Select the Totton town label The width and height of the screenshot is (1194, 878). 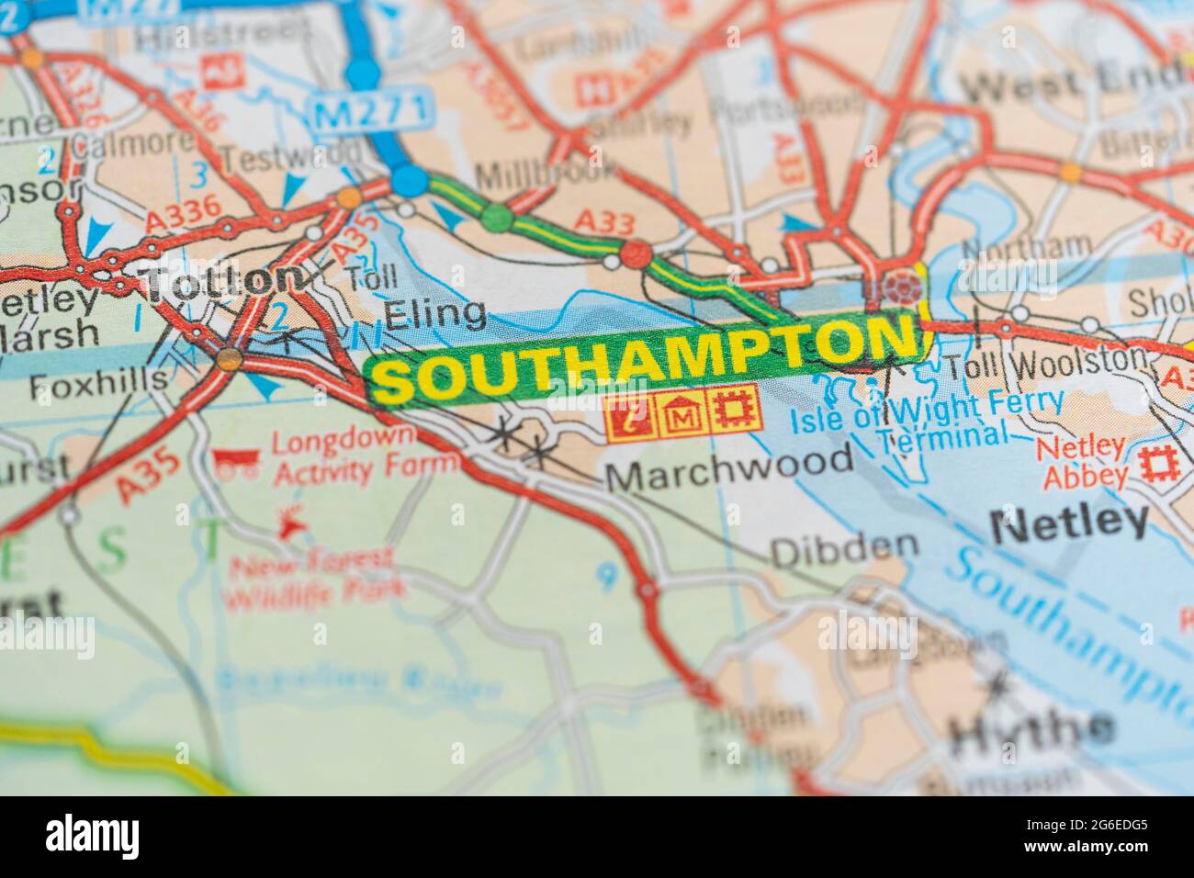click(225, 278)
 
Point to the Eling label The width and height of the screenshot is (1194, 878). click(435, 315)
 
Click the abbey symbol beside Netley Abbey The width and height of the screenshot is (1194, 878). click(1158, 465)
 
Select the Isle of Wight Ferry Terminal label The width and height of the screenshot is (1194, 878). click(928, 419)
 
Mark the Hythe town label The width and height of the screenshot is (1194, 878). click(1030, 730)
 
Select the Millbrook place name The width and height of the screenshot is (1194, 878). click(546, 171)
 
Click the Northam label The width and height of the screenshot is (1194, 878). click(1026, 247)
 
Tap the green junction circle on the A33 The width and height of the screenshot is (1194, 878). click(497, 217)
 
